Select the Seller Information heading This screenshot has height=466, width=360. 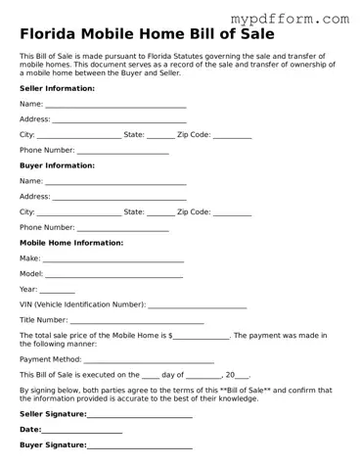[x=57, y=88]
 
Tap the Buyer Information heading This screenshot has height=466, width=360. [x=57, y=165]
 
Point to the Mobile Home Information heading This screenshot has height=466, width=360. [x=71, y=242]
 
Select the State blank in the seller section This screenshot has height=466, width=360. [x=160, y=136]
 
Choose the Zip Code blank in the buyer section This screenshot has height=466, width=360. [x=232, y=213]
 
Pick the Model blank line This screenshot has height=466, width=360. [x=113, y=276]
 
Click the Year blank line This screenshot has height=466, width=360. [x=58, y=292]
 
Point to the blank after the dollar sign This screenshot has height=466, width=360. [x=202, y=338]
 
